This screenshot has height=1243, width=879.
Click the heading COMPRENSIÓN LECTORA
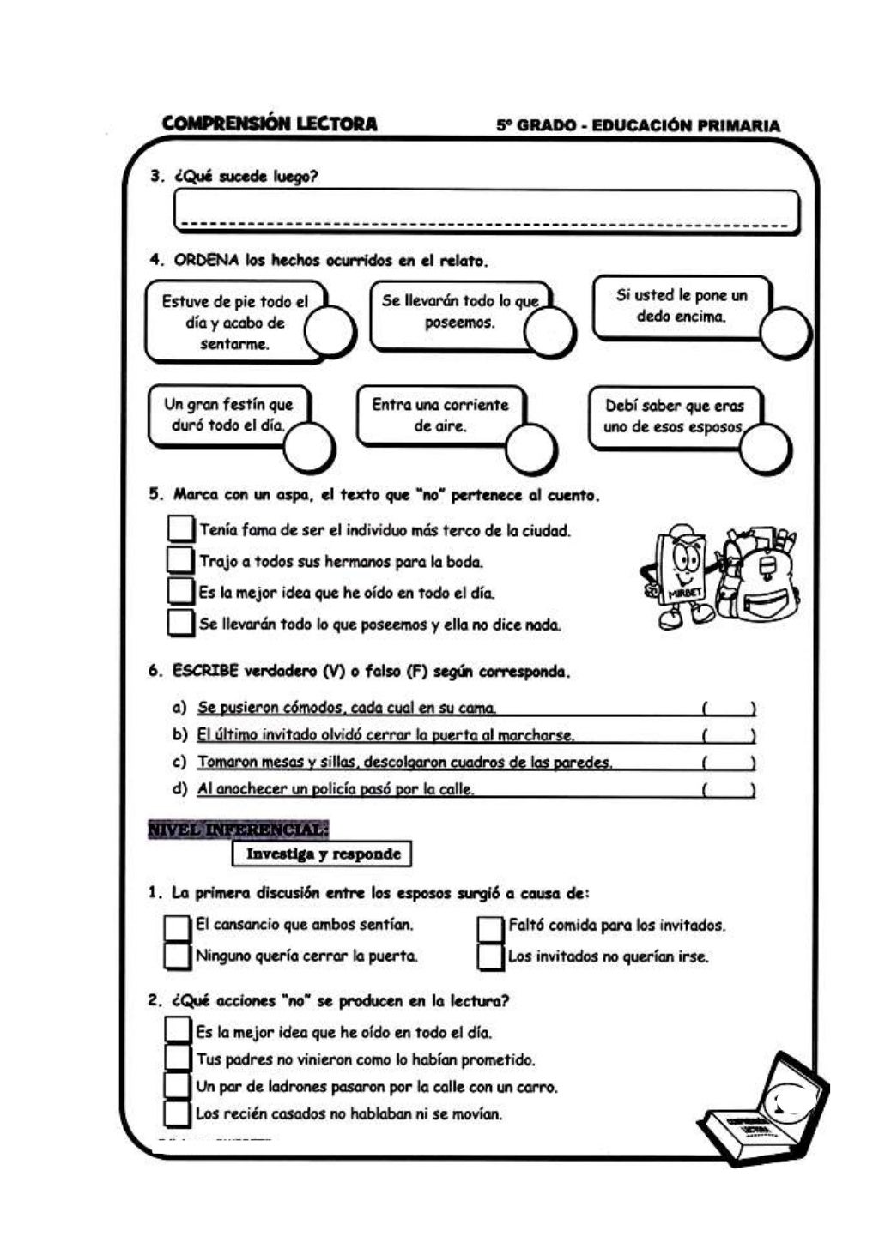click(x=269, y=124)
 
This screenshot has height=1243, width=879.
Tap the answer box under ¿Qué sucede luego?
click(x=486, y=210)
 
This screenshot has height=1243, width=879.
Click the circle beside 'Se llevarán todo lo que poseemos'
click(x=549, y=330)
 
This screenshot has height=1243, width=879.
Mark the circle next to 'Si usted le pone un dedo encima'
click(x=785, y=332)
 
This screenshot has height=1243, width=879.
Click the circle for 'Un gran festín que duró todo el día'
click(x=309, y=447)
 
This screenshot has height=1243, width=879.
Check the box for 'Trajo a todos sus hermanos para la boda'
click(x=180, y=560)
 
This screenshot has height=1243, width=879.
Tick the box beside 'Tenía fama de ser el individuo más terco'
click(x=180, y=528)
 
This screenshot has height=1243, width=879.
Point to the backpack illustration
click(x=760, y=580)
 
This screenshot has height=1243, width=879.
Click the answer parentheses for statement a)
click(x=728, y=709)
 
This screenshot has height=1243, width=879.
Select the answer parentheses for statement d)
click(x=728, y=790)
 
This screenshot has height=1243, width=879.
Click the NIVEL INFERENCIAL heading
click(x=238, y=830)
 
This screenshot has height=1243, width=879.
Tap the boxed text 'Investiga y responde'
click(x=323, y=854)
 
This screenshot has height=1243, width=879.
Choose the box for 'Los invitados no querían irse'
click(x=490, y=956)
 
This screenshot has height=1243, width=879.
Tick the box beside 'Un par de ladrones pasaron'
click(x=177, y=1085)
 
